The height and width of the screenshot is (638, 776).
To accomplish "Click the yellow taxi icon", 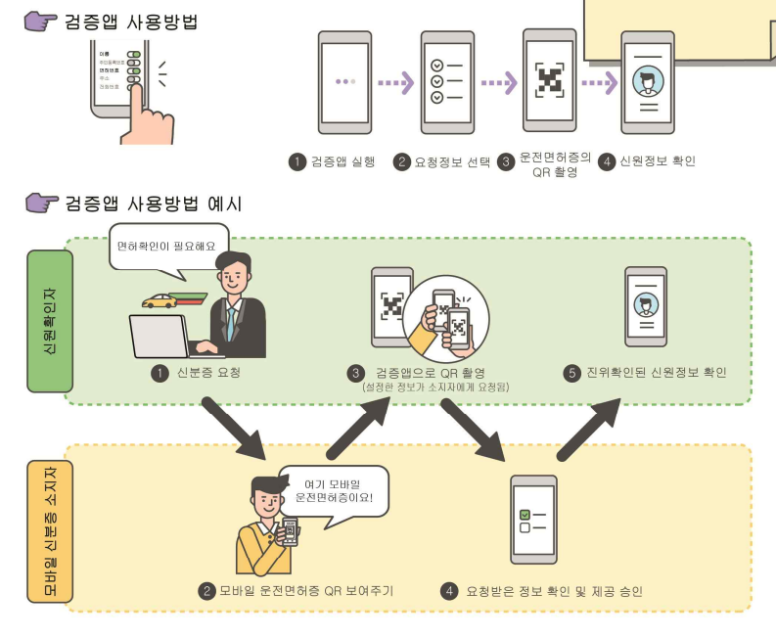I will (159, 302).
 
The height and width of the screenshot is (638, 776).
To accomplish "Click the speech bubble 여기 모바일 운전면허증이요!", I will (333, 492).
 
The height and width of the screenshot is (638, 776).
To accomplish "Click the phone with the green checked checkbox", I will (533, 520).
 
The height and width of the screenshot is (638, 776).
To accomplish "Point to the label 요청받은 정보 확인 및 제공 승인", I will (554, 591).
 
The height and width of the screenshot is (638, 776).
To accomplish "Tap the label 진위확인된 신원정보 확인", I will (655, 373).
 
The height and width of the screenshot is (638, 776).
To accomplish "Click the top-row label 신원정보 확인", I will (656, 161).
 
